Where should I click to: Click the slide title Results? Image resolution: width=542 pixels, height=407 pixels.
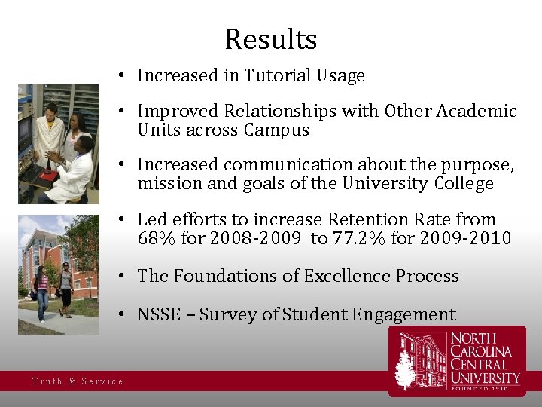(271, 39)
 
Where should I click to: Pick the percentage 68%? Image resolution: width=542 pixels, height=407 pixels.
(155, 239)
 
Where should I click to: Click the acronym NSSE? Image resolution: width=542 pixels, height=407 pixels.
(159, 314)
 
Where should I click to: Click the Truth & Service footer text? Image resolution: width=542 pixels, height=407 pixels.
(78, 381)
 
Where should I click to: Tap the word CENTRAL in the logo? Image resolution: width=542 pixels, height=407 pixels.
(480, 364)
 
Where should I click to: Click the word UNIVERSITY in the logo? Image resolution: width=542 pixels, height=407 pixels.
(486, 378)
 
